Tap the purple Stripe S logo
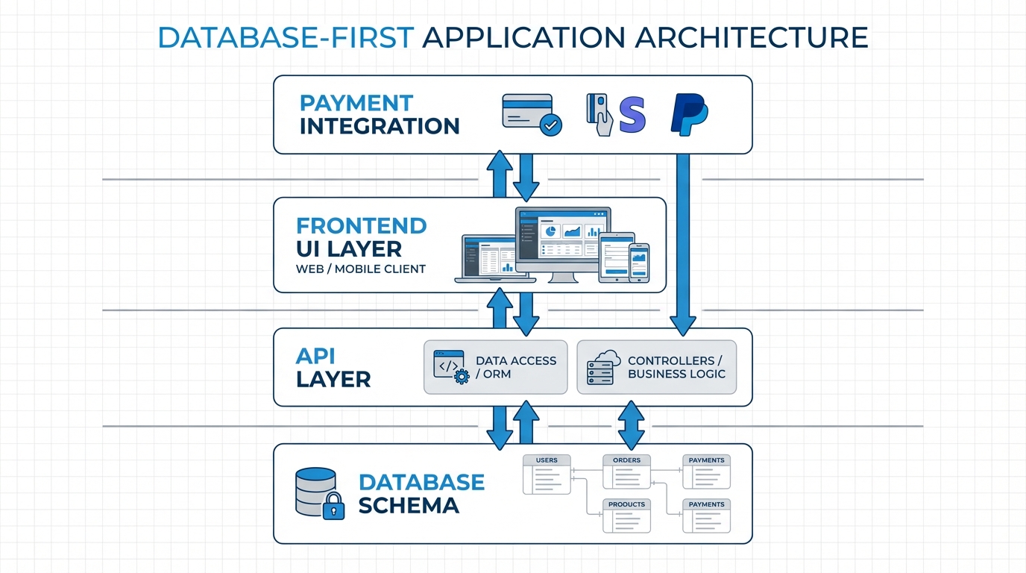(x=632, y=114)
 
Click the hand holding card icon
(x=599, y=114)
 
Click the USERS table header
(x=546, y=460)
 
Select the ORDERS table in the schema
(x=626, y=472)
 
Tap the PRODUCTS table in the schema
(x=626, y=516)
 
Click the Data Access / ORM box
(x=495, y=367)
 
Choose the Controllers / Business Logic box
(x=656, y=367)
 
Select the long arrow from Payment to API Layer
(x=683, y=239)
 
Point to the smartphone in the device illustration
(x=639, y=263)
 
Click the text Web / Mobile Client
(x=361, y=269)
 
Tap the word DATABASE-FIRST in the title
(x=286, y=37)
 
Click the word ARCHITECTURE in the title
(x=751, y=37)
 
